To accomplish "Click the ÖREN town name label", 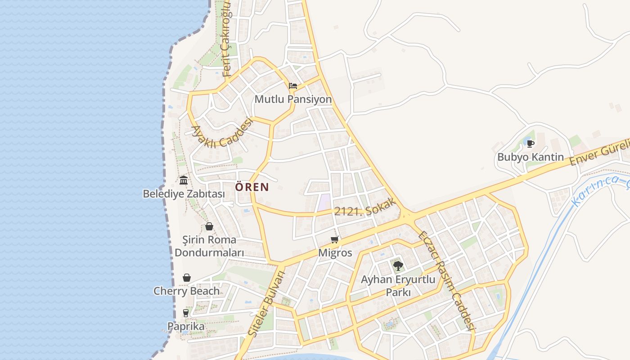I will tap(252, 187).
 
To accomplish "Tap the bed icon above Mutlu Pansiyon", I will tap(293, 85).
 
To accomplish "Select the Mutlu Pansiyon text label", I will tap(293, 99).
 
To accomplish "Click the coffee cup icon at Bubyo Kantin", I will tap(531, 144).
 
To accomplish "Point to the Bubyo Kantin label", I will tap(530, 157).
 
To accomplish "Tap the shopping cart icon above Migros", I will tap(334, 239).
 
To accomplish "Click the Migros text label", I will tap(335, 253).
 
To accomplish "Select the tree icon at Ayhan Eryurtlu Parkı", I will tap(398, 265).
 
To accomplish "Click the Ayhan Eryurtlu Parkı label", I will tap(398, 286).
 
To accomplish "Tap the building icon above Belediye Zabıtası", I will tap(184, 180).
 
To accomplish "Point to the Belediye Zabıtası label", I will tap(184, 194).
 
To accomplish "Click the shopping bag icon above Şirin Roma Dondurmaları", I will tap(209, 226).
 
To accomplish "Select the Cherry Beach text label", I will tap(186, 291).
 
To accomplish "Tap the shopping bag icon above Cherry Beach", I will tap(187, 278).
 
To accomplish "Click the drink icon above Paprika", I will tap(186, 313).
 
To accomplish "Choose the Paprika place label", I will tap(186, 326).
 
